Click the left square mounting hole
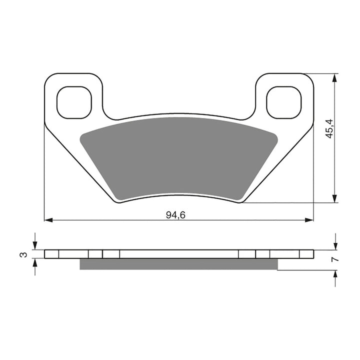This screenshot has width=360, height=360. pyautogui.click(x=74, y=102)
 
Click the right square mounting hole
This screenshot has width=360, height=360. pyautogui.click(x=284, y=102)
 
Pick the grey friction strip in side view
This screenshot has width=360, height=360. pyautogui.click(x=178, y=264)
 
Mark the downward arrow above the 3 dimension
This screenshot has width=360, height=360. pyautogui.click(x=34, y=245)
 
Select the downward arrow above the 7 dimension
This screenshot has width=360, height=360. pyautogui.click(x=335, y=245)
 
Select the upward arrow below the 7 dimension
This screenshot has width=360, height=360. pyautogui.click(x=335, y=274)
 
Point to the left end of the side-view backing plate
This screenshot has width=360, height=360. pyautogui.click(x=45, y=254)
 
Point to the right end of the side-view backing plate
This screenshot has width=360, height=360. pyautogui.click(x=313, y=254)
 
